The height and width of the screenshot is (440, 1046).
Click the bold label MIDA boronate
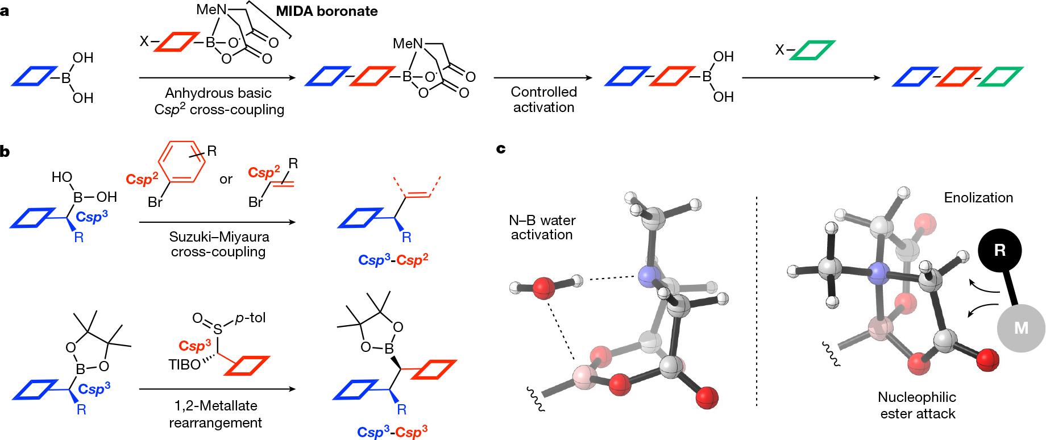[x=326, y=11]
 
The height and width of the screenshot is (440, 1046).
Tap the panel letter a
[x=5, y=11]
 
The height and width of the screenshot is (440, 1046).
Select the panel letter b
[x=5, y=151]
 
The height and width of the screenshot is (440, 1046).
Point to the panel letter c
[x=501, y=149]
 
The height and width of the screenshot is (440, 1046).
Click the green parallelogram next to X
[x=812, y=50]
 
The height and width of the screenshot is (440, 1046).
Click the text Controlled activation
[x=543, y=99]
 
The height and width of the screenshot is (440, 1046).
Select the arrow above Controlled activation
[x=542, y=78]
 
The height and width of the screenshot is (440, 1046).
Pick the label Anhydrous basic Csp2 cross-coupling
[x=219, y=101]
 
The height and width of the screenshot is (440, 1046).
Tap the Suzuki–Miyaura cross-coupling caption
[x=219, y=244]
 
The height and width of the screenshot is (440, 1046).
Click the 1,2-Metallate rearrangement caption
[x=215, y=414]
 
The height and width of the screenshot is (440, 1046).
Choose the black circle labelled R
[x=999, y=250]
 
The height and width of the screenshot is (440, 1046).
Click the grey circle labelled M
[x=1021, y=328]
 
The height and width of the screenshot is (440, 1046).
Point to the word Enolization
[x=978, y=198]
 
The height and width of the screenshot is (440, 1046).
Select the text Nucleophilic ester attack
[x=917, y=405]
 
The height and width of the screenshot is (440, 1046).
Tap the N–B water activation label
[x=542, y=227]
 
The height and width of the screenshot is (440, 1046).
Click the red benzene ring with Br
[x=181, y=162]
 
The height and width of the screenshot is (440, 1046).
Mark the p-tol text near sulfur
[x=250, y=318]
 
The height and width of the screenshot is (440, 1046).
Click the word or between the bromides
[x=226, y=180]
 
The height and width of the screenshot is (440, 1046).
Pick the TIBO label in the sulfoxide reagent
[x=184, y=364]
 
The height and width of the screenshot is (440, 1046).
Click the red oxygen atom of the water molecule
[x=543, y=288]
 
